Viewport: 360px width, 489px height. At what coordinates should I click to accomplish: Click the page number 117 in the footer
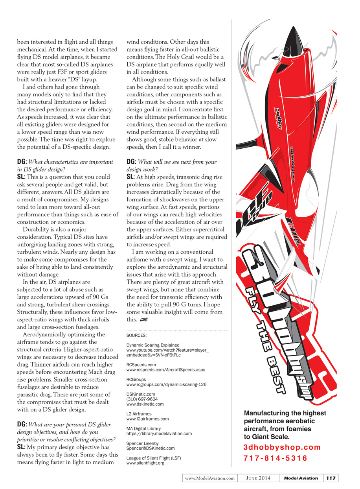[331, 478]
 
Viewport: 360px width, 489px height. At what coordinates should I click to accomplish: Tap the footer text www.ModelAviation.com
[210, 478]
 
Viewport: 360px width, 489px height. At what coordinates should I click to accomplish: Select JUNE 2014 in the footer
[259, 478]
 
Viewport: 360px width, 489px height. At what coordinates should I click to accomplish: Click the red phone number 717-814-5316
[276, 458]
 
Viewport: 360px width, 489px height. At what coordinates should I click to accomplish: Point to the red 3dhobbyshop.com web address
[282, 447]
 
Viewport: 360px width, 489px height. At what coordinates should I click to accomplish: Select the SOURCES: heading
[136, 336]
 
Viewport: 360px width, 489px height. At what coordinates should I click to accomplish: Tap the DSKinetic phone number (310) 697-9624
[142, 399]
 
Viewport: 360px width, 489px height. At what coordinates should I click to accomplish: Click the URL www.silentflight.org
[145, 463]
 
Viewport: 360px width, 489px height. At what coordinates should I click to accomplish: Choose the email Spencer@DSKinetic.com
[151, 448]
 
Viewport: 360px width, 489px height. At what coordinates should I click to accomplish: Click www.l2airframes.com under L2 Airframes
[147, 419]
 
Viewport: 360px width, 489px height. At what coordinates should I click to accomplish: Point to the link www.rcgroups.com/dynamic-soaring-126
[166, 384]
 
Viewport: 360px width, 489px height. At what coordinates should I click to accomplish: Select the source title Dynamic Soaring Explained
[153, 345]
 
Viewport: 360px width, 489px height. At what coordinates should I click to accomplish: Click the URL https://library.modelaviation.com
[159, 434]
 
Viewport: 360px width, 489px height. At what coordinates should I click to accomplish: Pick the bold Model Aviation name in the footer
[301, 478]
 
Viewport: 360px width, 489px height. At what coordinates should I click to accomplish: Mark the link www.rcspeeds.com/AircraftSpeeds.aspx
[165, 370]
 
